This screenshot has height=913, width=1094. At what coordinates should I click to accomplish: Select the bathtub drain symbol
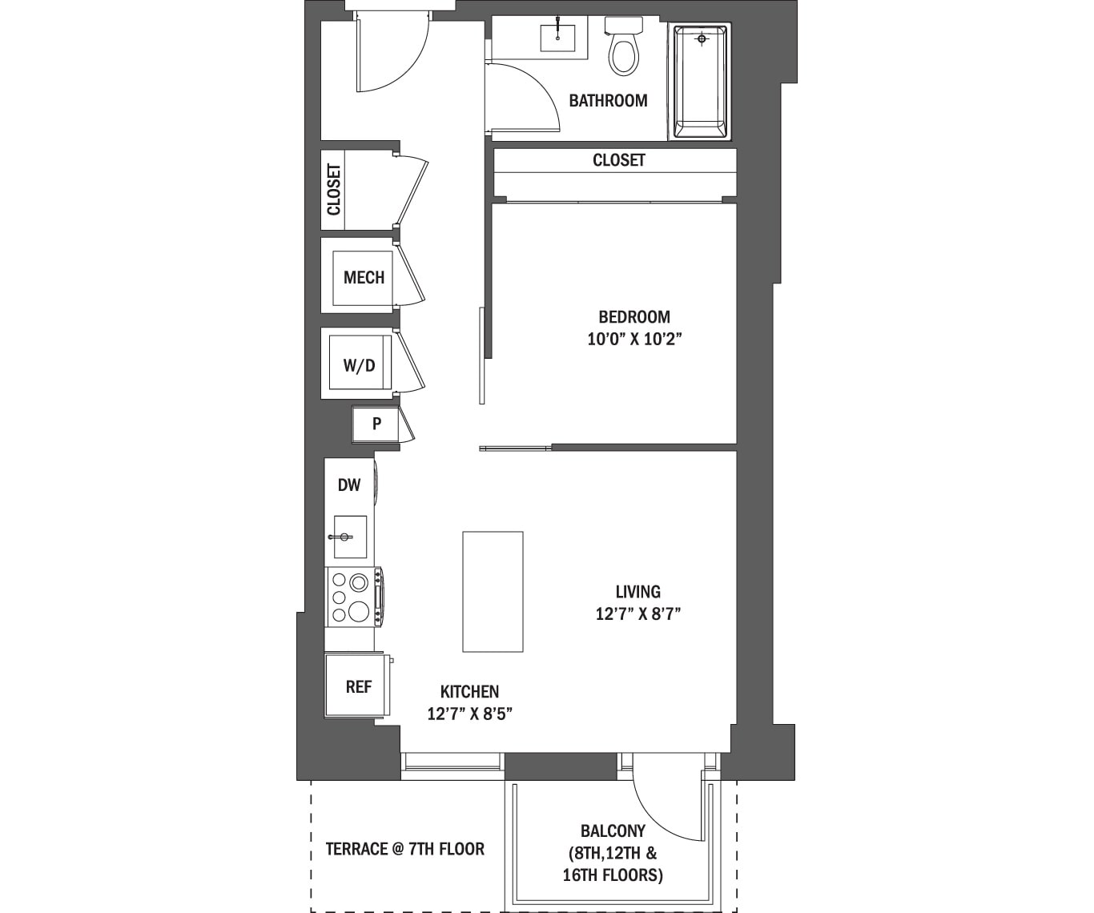tap(702, 38)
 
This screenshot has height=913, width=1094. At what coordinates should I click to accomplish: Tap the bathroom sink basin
tap(557, 37)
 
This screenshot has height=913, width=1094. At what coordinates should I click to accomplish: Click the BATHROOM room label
tap(609, 100)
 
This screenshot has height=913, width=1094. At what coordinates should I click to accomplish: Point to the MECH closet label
tap(364, 277)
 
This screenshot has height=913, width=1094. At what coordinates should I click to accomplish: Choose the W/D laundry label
tap(360, 365)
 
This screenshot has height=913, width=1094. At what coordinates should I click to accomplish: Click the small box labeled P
tap(376, 423)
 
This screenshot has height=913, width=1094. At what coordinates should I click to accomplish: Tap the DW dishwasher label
tap(349, 485)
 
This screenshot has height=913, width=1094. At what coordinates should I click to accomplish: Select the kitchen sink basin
tap(350, 537)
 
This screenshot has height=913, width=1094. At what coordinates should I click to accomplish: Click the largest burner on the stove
tap(358, 610)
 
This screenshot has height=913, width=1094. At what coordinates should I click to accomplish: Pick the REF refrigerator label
tap(358, 686)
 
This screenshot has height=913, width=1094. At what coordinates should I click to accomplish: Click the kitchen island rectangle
tap(493, 592)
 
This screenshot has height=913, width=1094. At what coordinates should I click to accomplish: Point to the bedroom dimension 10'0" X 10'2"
tap(634, 339)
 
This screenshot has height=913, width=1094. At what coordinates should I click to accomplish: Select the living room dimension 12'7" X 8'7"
tap(638, 613)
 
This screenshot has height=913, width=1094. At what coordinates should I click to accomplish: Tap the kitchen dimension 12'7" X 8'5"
tap(469, 714)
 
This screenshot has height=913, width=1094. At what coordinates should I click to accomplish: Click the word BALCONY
tap(613, 831)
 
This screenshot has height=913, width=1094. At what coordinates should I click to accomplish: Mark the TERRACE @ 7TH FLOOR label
tap(405, 849)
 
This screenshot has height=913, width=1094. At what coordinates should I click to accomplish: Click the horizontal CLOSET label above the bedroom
tap(619, 160)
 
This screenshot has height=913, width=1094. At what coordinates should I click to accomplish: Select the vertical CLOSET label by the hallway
tap(334, 190)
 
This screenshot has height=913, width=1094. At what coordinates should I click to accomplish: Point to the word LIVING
tap(638, 592)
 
